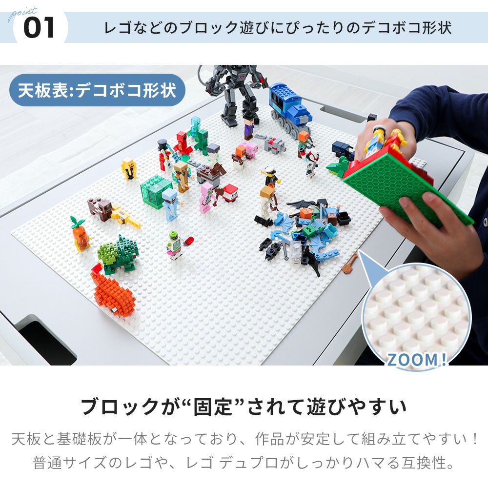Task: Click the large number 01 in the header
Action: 39,28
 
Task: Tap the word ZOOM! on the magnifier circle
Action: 417,360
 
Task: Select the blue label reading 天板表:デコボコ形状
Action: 97,90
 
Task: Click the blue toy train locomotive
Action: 290,108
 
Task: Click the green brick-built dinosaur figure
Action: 118,254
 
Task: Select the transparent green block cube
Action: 156,191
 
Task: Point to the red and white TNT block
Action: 231,193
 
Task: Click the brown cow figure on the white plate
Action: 100,208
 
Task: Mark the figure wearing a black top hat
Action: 164,155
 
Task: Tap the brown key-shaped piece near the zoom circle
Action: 350,263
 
